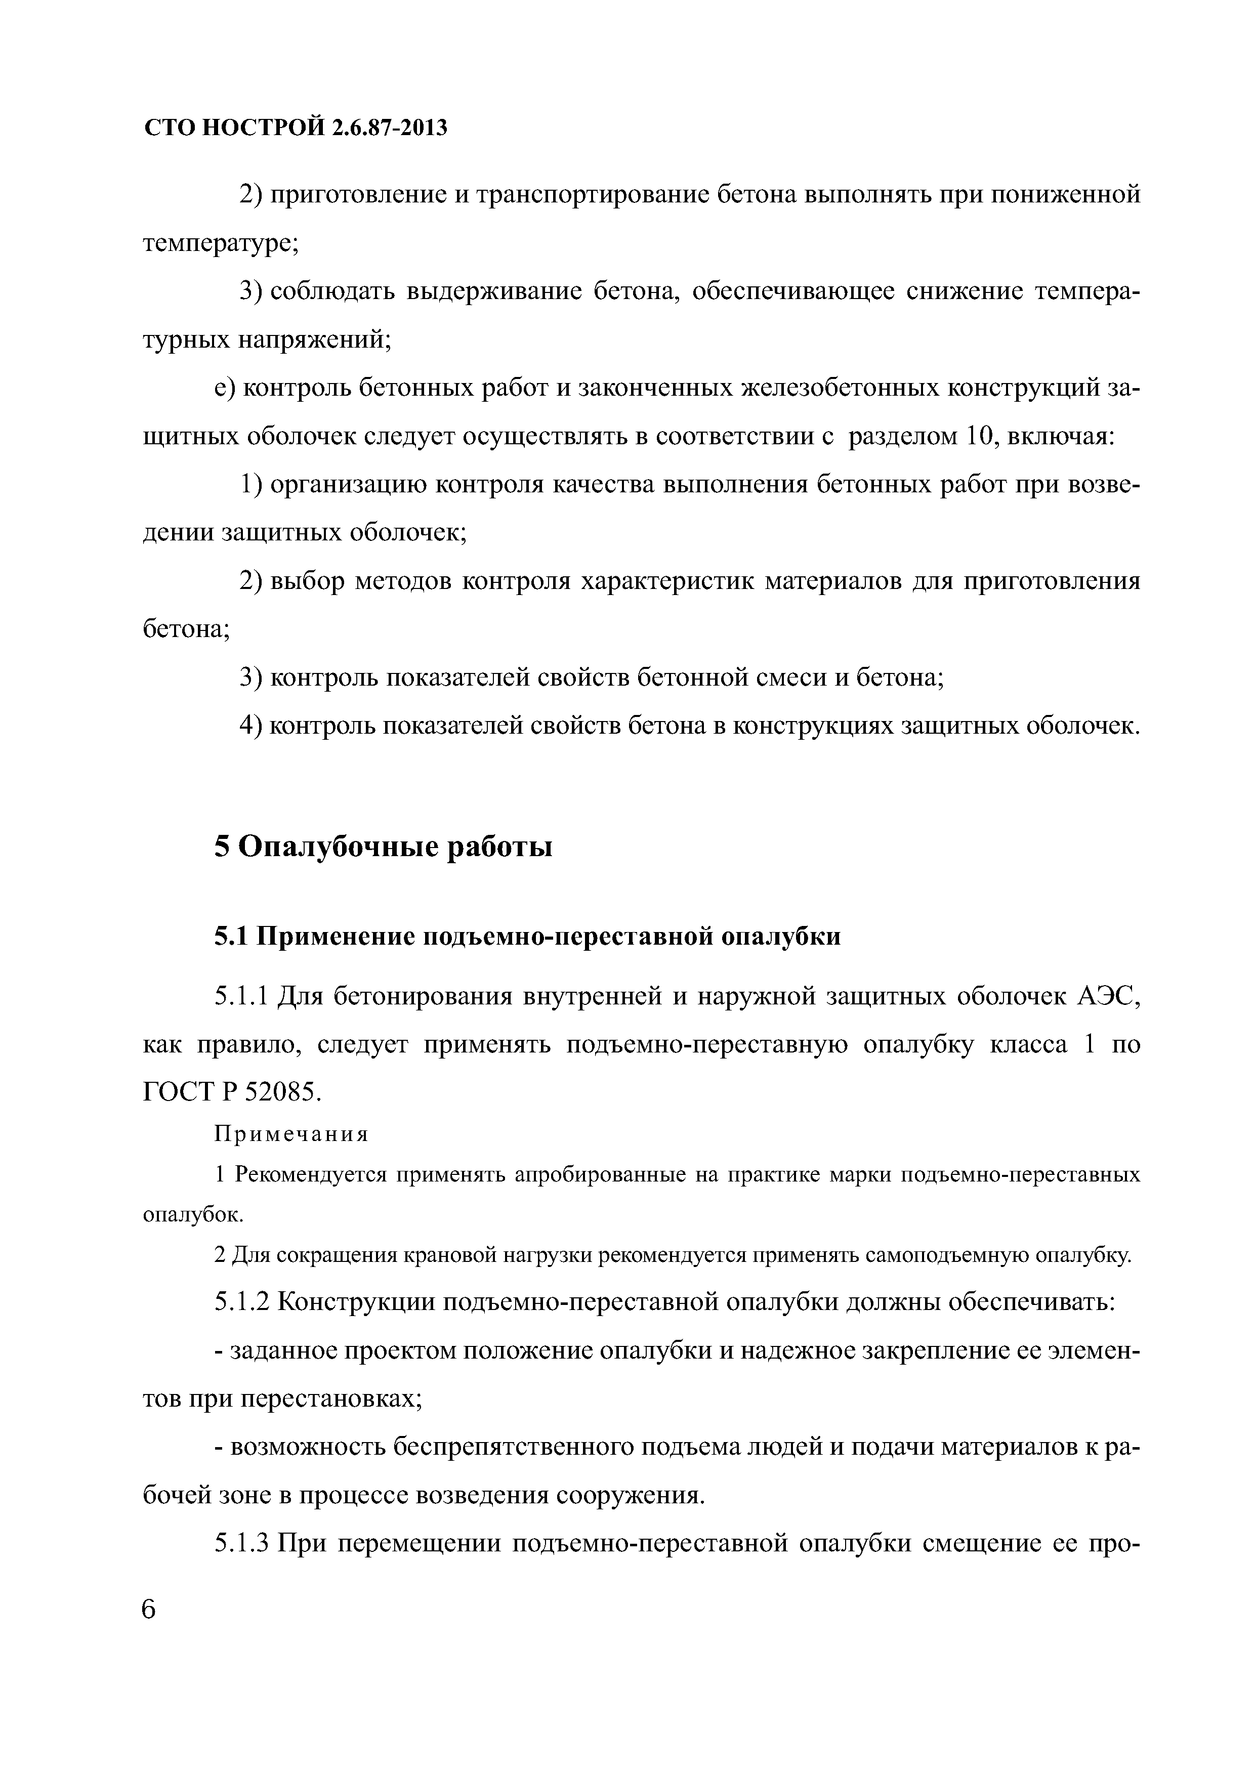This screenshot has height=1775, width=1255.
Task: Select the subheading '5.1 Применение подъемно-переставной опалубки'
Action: click(527, 936)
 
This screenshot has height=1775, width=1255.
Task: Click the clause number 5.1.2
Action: click(241, 1302)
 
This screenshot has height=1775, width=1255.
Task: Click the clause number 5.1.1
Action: click(241, 997)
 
